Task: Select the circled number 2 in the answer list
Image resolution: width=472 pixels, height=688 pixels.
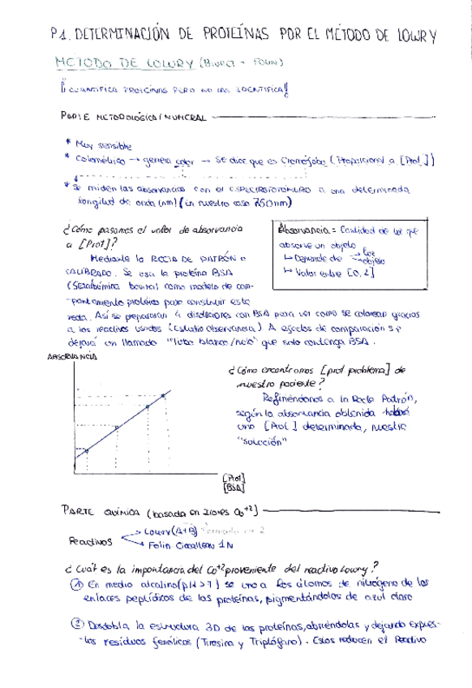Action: [x=74, y=626]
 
